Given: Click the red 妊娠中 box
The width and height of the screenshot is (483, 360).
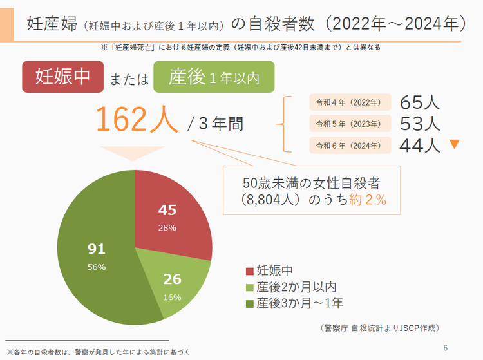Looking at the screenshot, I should (62, 77).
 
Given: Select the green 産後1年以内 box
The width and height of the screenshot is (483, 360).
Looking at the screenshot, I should (214, 77).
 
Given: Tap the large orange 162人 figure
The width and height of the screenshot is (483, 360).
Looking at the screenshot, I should (137, 119).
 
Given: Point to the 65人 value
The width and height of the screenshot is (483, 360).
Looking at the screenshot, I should (420, 102).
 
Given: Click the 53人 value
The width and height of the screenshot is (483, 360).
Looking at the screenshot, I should (420, 123).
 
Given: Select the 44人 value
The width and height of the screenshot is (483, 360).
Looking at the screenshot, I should (420, 145).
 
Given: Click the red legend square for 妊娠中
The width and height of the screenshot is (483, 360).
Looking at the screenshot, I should (250, 270).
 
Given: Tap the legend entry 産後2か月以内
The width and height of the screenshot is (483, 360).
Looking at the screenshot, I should (296, 287).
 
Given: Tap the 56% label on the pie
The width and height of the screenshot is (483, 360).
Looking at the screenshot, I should (97, 267).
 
